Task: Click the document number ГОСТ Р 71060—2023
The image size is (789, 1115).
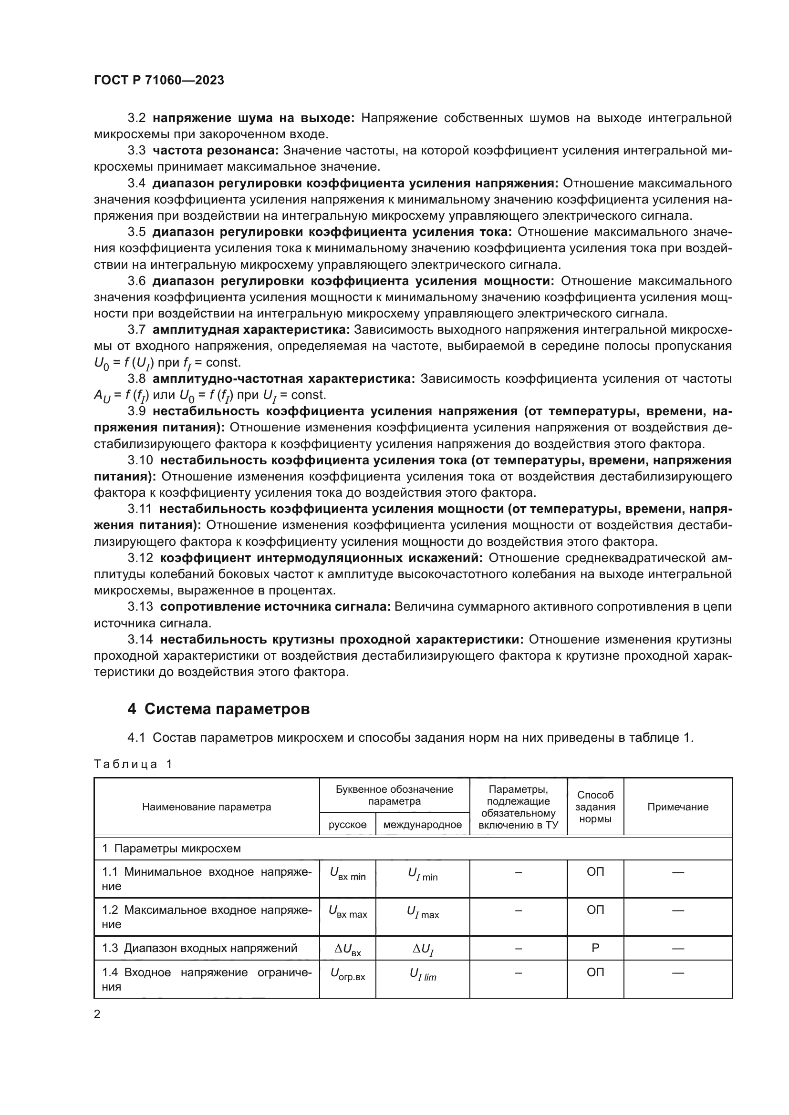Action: [x=159, y=80]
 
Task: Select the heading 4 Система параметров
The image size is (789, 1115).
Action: [x=218, y=709]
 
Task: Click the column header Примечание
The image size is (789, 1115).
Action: [x=677, y=807]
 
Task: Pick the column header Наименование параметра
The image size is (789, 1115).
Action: [x=207, y=807]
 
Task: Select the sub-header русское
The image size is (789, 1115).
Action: [x=347, y=824]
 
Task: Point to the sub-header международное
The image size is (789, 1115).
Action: [x=422, y=824]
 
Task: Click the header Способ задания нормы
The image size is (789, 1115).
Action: [x=595, y=807]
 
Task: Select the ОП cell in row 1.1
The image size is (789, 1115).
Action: [x=595, y=872]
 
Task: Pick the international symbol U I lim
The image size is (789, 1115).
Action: [x=423, y=974]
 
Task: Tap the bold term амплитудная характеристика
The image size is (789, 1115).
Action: [x=251, y=330]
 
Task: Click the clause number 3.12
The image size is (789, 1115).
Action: [x=140, y=558]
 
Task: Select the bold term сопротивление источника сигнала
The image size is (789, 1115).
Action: [x=275, y=606]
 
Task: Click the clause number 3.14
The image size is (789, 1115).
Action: [x=140, y=639]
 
